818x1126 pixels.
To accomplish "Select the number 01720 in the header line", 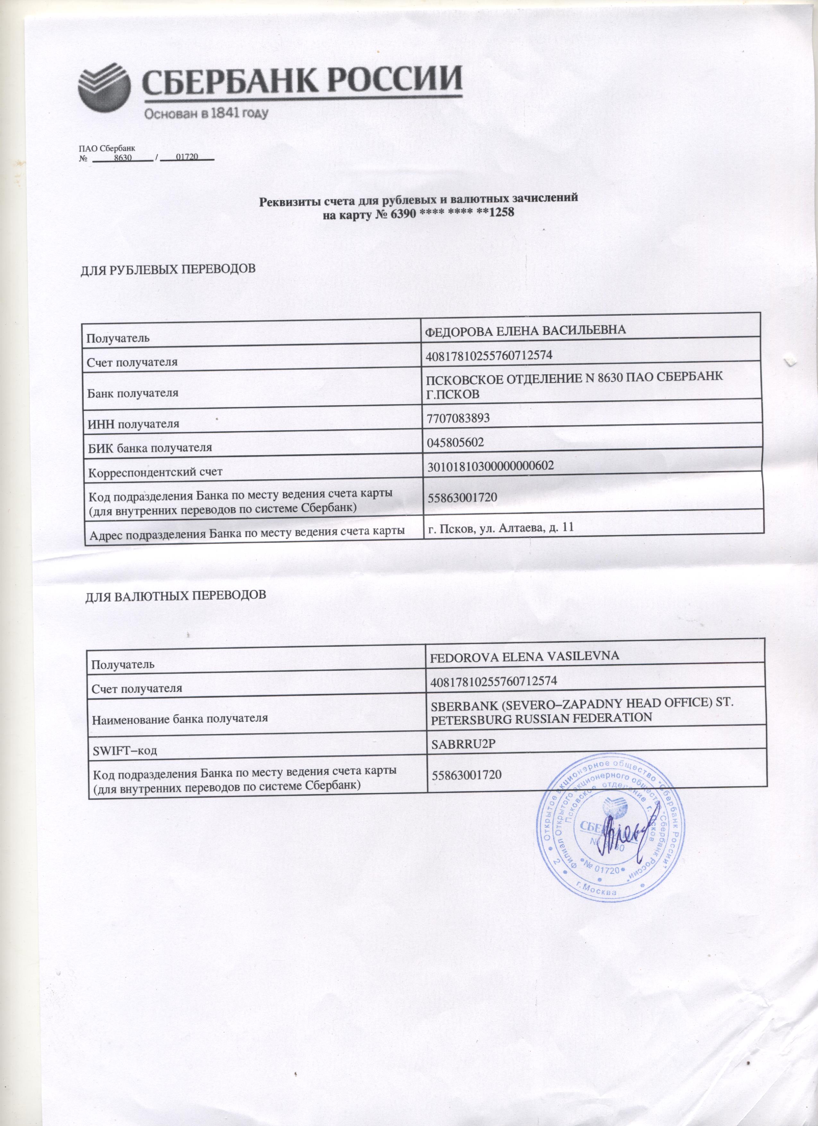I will pyautogui.click(x=187, y=158).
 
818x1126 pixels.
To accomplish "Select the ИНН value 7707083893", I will pyautogui.click(x=458, y=418).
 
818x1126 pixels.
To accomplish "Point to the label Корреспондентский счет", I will pyautogui.click(x=155, y=472).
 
